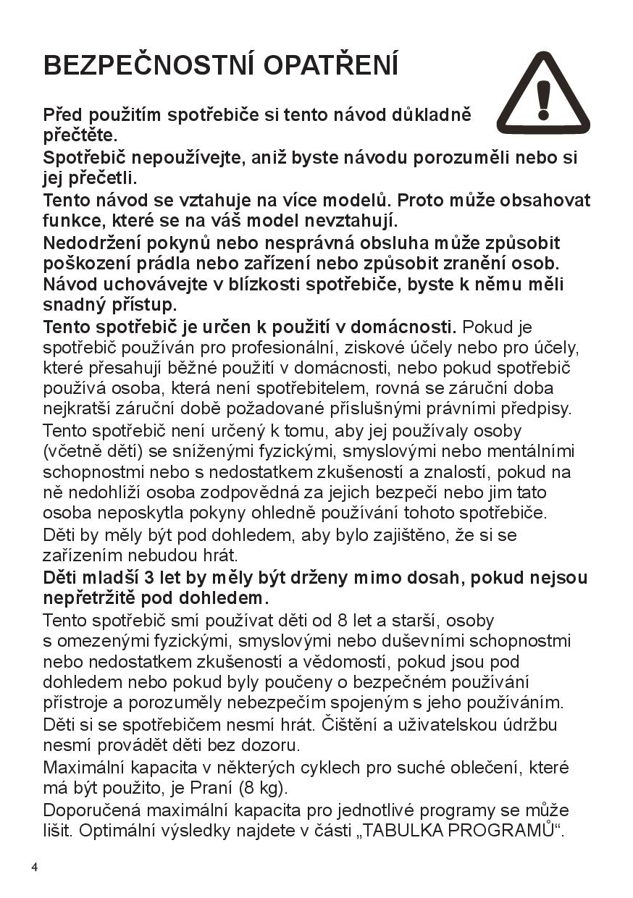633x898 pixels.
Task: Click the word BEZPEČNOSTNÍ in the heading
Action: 148,65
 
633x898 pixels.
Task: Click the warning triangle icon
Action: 543,94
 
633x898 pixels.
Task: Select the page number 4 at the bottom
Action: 34,867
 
